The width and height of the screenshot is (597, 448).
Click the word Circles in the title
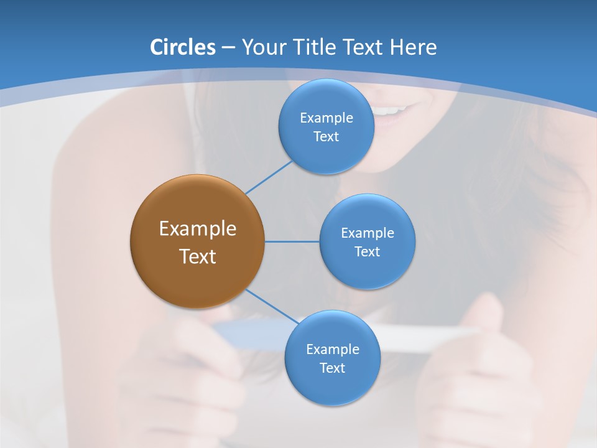[182, 47]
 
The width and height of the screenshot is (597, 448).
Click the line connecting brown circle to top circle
[269, 177]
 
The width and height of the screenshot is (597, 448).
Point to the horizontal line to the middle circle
[292, 241]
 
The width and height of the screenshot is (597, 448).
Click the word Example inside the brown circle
[197, 229]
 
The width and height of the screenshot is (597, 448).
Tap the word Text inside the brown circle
[197, 256]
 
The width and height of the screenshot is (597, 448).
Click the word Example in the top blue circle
[326, 118]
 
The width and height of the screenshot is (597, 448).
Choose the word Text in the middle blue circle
[367, 252]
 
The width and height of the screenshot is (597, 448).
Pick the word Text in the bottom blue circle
[332, 368]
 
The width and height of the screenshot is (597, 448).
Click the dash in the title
[228, 48]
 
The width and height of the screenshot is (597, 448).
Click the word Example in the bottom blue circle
[332, 350]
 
